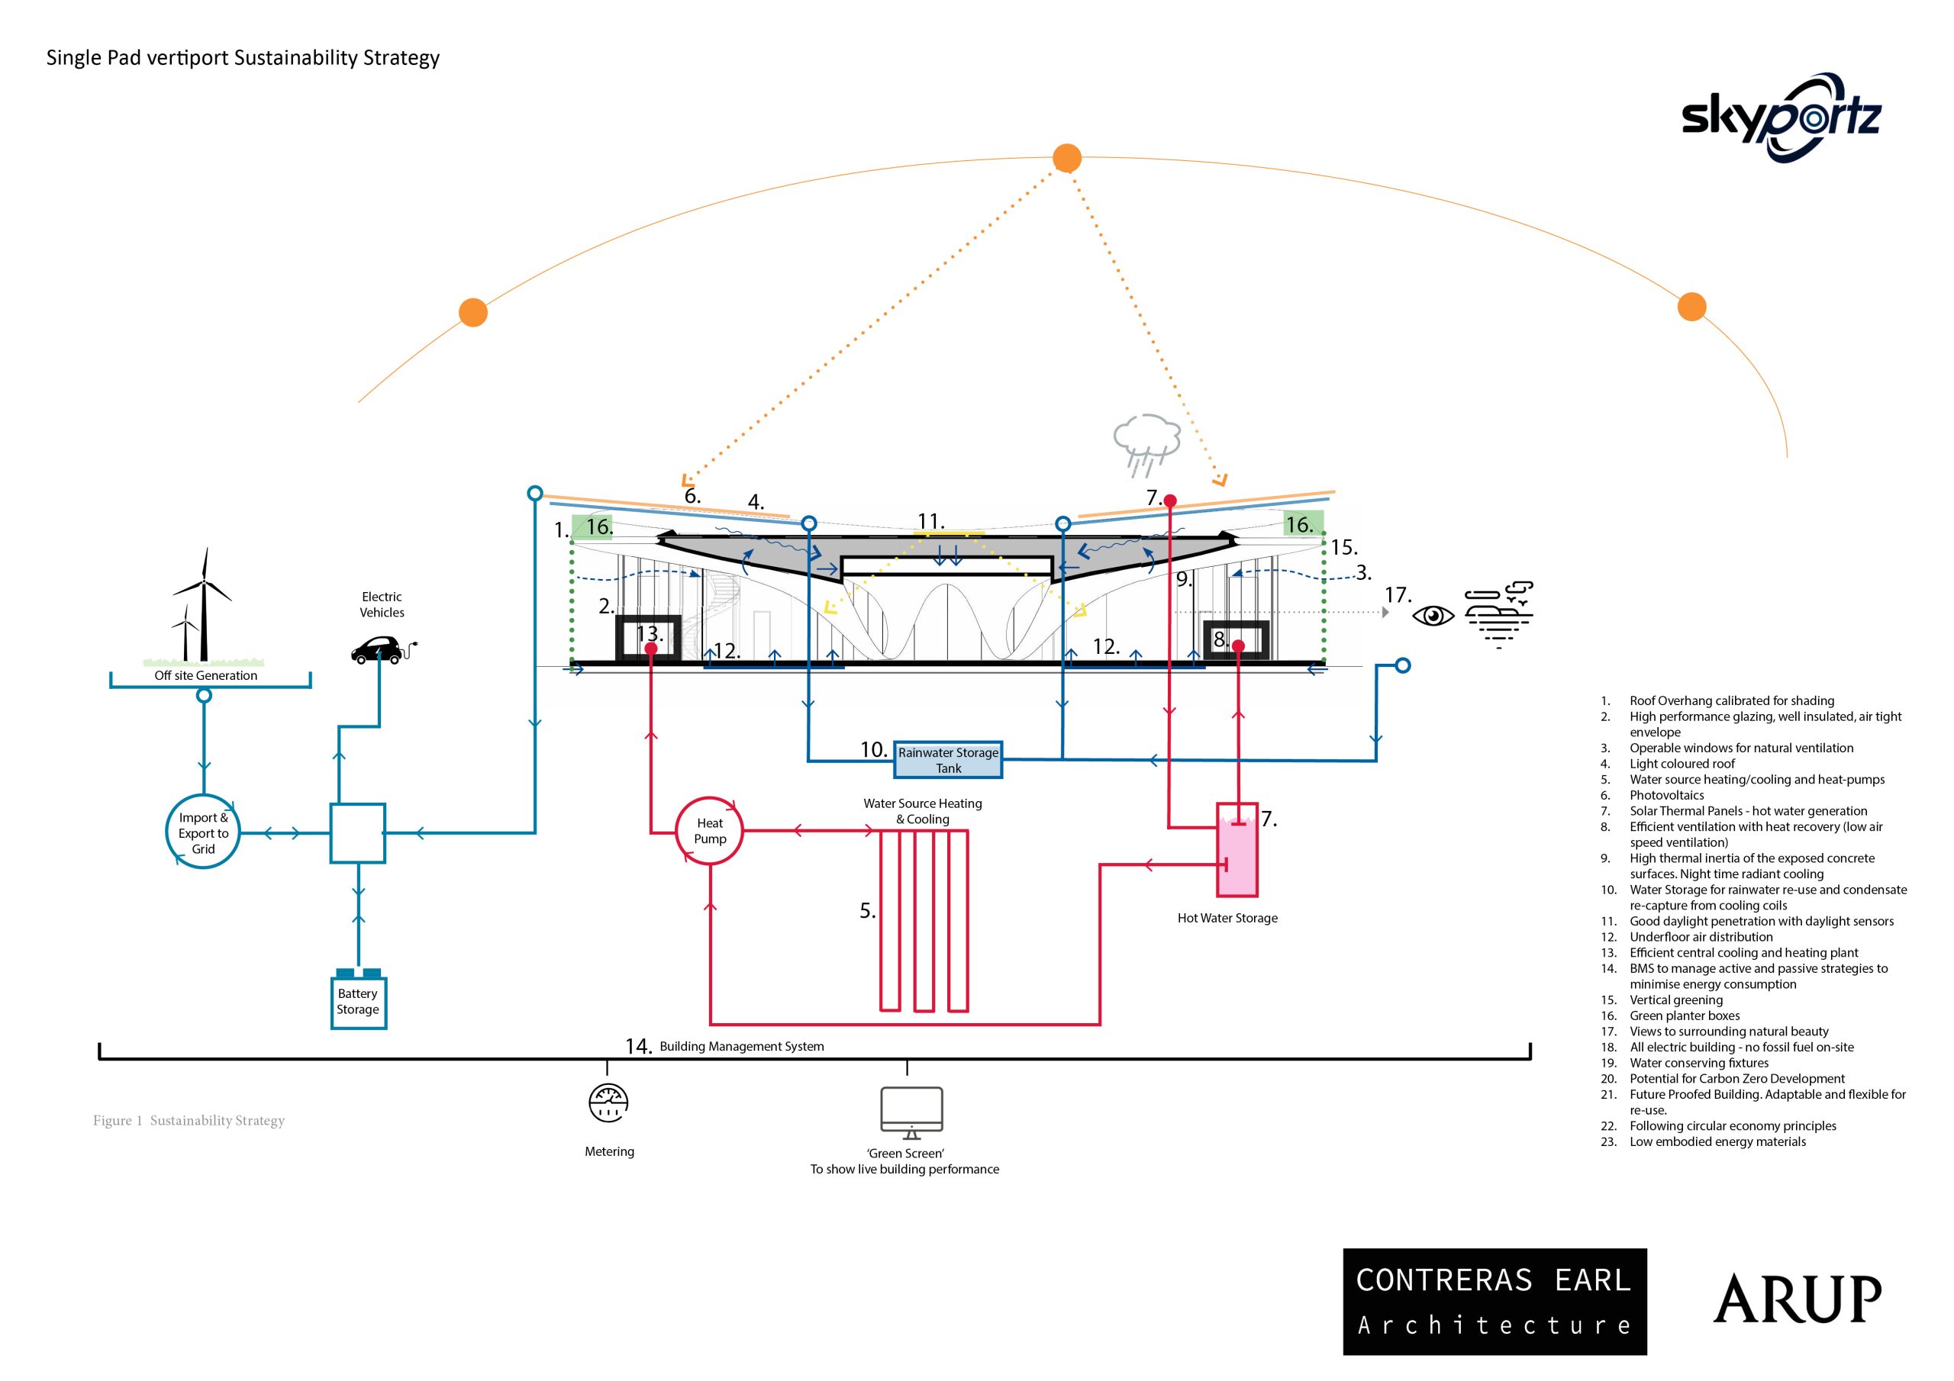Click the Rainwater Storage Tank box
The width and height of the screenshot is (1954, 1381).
pos(948,760)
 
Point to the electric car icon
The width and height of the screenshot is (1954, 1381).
pos(384,650)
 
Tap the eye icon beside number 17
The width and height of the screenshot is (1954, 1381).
pos(1433,615)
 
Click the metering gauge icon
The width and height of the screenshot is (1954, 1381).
pos(608,1103)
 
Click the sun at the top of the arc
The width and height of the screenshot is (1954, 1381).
pos(1067,157)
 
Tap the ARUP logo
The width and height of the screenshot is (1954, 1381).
pos(1798,1299)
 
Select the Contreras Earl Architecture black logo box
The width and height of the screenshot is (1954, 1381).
pos(1495,1302)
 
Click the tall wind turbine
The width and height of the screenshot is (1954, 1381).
pos(203,604)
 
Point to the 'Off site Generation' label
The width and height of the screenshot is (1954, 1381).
pos(206,675)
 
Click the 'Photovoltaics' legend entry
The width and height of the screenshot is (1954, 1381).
pos(1666,795)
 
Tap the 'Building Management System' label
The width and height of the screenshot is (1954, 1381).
pos(741,1047)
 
